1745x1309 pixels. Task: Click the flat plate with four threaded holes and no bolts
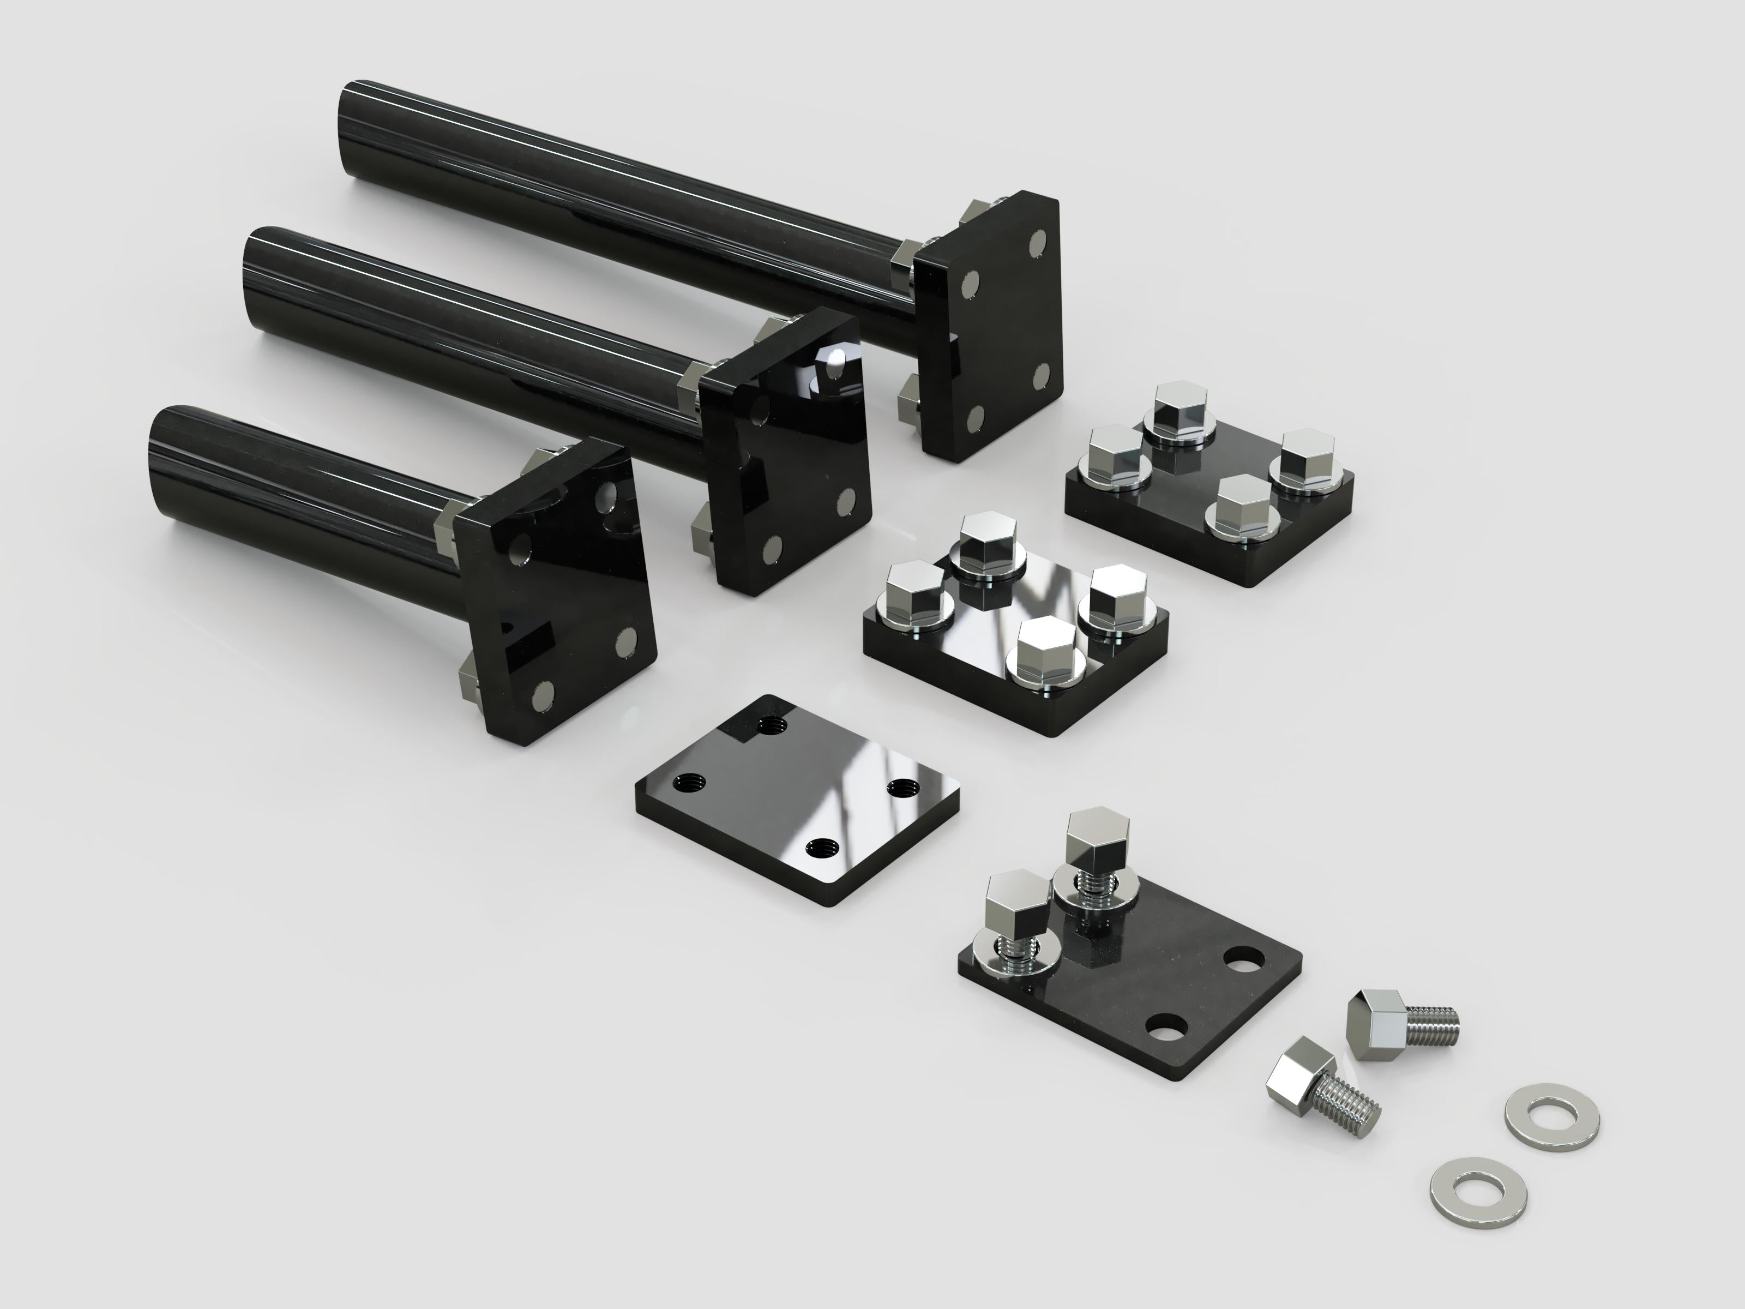797,801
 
